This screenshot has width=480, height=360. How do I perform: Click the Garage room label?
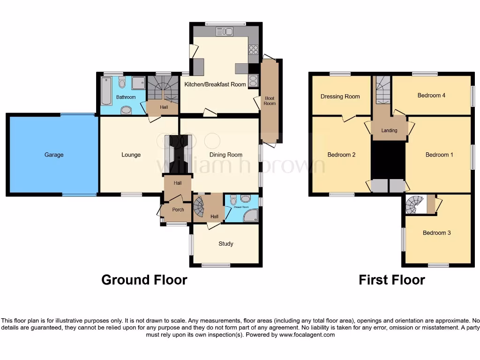point(54,155)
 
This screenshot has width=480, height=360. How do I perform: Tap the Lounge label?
point(131,155)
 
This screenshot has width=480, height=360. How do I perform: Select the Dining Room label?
point(225,155)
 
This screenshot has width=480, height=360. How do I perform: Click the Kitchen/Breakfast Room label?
point(215,84)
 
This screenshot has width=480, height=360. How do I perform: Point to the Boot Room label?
point(270,101)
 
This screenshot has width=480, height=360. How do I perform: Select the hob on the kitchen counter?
point(253,49)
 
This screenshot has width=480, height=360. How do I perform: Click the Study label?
point(225,244)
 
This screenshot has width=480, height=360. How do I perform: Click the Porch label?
point(178,210)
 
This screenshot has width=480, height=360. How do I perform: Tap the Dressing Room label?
point(340,97)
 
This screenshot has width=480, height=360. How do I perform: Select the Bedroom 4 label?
point(431,95)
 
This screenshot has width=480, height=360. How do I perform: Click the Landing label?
point(389,130)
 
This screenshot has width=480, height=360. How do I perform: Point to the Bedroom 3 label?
point(436,233)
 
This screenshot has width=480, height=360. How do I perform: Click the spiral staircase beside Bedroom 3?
point(415,204)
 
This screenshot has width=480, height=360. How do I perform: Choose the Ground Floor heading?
point(144,280)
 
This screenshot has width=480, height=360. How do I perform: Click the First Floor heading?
point(391,280)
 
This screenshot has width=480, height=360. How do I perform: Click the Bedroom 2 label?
point(341,155)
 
